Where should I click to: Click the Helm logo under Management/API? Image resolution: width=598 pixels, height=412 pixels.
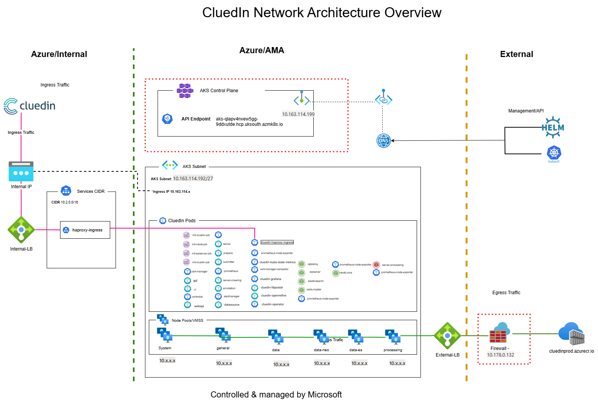(x=553, y=128)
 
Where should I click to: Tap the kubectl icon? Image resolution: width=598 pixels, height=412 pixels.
(x=554, y=153)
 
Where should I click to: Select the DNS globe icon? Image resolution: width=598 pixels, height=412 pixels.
(x=383, y=141)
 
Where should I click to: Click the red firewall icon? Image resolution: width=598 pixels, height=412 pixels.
(x=498, y=336)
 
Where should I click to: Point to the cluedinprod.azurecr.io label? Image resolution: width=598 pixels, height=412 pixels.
(x=571, y=351)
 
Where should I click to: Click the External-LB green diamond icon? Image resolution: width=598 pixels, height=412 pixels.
(x=447, y=336)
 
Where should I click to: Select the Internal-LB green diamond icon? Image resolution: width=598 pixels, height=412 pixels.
(x=21, y=230)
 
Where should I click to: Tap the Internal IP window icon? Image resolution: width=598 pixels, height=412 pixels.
(x=21, y=171)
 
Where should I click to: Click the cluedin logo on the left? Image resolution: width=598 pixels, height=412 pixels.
(x=29, y=106)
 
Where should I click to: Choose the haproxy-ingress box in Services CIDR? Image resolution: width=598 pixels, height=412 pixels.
(x=85, y=230)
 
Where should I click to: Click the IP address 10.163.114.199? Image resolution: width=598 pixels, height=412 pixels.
(x=298, y=114)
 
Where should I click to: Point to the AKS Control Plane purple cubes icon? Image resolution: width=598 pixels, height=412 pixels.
(x=185, y=91)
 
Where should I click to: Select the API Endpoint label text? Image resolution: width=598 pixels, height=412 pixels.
(x=196, y=119)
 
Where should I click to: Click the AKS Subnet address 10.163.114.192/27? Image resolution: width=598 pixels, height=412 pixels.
(x=193, y=179)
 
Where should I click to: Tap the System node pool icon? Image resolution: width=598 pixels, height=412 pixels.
(x=165, y=335)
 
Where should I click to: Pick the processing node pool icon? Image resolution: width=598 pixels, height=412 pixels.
(x=393, y=337)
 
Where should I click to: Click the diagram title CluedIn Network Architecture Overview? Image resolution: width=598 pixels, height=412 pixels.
(x=322, y=13)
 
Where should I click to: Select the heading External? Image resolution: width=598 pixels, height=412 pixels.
(x=517, y=54)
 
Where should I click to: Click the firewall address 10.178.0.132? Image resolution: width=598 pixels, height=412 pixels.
(x=500, y=355)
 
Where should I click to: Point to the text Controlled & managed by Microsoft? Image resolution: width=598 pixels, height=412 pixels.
(x=276, y=395)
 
